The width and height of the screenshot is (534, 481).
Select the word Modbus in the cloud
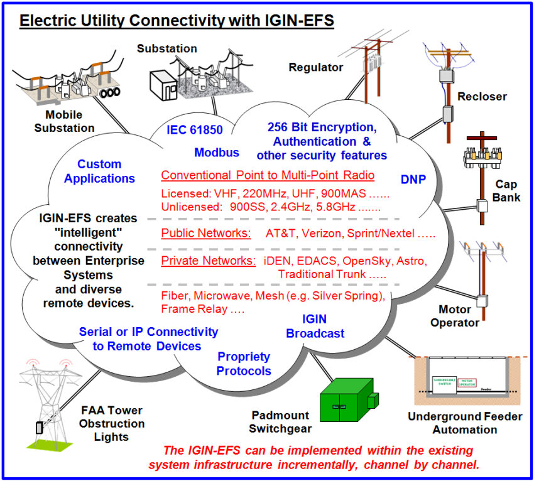click(217, 153)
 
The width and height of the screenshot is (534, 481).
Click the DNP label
click(413, 180)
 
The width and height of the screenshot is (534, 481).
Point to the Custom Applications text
click(99, 171)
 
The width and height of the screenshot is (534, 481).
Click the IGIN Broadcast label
click(315, 327)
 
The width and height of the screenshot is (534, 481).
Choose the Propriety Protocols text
click(244, 364)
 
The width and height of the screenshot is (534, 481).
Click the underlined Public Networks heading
click(206, 234)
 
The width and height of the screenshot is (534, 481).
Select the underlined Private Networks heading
click(208, 261)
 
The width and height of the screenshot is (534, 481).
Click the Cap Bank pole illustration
click(481, 176)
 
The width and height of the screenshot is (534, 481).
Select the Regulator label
click(316, 67)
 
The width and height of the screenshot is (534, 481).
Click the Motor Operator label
click(459, 316)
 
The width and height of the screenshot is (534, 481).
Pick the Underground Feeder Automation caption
click(465, 423)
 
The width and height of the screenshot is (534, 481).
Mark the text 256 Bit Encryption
click(322, 127)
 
